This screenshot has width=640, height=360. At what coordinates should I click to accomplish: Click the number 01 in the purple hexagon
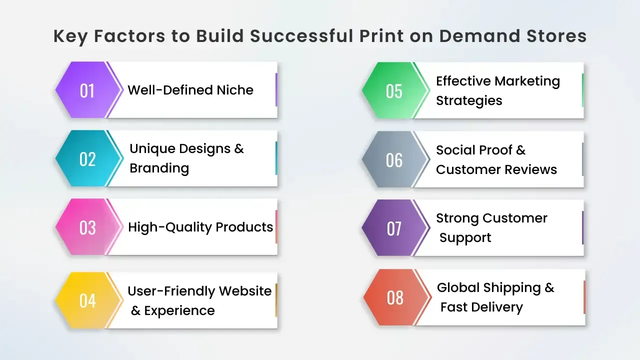[87, 91]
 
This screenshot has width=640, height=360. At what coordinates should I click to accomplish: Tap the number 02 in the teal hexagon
[87, 159]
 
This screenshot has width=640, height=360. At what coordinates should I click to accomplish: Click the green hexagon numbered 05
[394, 90]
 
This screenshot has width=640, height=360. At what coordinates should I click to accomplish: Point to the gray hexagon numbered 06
[394, 159]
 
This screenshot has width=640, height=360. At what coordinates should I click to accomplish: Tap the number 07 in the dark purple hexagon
[394, 228]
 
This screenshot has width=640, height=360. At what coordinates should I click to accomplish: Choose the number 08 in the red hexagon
[395, 297]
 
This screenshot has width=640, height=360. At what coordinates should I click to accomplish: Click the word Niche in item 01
[235, 90]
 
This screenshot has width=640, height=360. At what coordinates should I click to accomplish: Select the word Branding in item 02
[159, 168]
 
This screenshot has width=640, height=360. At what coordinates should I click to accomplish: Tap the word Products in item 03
[244, 227]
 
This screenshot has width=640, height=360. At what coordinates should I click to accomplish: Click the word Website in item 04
[245, 291]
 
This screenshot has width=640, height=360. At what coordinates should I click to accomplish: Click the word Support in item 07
[465, 238]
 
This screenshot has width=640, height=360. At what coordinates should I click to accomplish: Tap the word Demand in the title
[479, 36]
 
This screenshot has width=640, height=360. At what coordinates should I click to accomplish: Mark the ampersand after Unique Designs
[239, 149]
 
